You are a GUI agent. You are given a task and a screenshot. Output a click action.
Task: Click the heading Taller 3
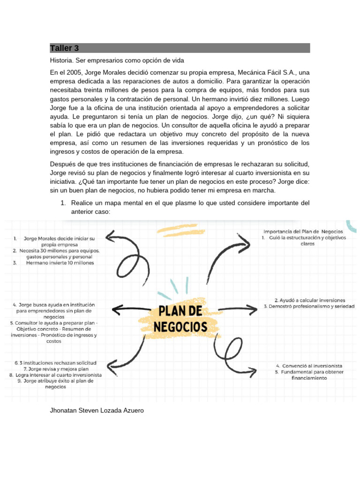click(x=65, y=48)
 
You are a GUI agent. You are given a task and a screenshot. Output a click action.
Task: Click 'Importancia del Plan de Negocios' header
click(x=303, y=232)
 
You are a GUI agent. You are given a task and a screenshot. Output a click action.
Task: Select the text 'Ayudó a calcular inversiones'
click(x=310, y=300)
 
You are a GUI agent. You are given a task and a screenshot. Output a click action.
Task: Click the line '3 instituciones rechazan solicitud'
click(x=55, y=363)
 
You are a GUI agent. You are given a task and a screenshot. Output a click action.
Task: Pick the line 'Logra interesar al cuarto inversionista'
click(x=55, y=375)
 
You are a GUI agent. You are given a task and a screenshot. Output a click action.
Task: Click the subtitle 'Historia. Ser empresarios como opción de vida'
click(x=117, y=61)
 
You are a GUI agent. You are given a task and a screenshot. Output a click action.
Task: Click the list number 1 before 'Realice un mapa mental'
click(x=62, y=203)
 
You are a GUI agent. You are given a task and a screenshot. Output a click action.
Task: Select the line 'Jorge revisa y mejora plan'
click(x=55, y=369)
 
